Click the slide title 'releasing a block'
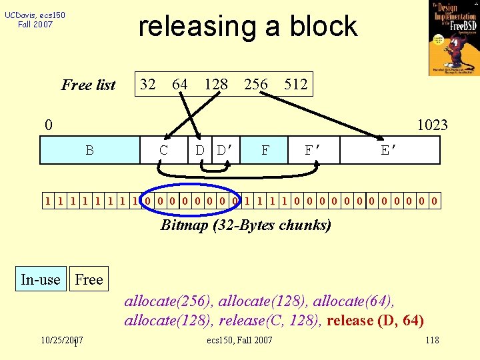(247, 26)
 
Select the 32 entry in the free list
(147, 84)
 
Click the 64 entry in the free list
(179, 84)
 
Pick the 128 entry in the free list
(216, 84)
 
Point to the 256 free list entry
(256, 84)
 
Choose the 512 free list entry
(295, 84)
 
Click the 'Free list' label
(88, 85)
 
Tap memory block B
(89, 150)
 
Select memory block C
(164, 150)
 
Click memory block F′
(314, 150)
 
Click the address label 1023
(432, 125)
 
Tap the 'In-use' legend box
(40, 279)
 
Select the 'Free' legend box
(89, 279)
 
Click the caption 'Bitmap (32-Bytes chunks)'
(245, 225)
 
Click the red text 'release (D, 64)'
(375, 320)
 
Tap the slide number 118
(432, 341)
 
